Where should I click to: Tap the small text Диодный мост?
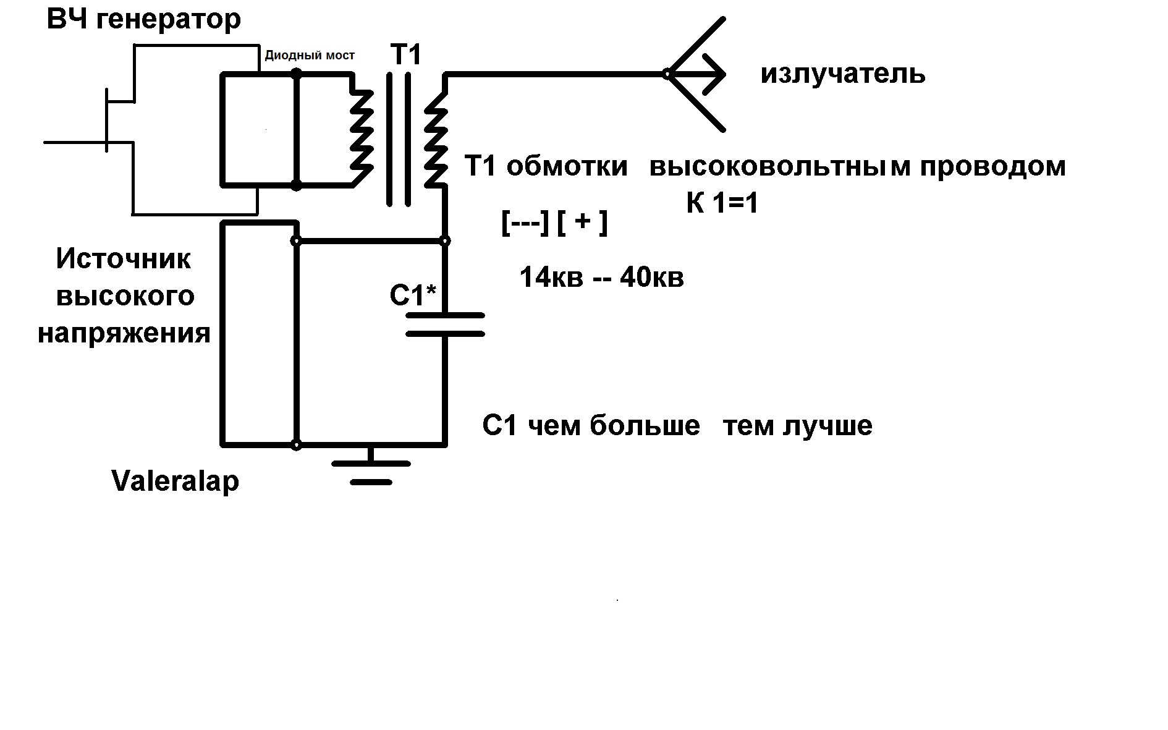(310, 56)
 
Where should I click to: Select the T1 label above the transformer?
(405, 55)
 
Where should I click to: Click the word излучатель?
(843, 75)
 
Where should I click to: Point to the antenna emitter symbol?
(695, 74)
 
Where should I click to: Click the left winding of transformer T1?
(361, 130)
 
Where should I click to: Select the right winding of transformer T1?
(436, 130)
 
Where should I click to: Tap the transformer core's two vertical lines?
(399, 139)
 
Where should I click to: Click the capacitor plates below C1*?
(445, 325)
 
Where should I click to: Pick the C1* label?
(413, 295)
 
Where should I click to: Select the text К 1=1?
(722, 203)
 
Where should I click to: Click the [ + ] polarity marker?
(582, 223)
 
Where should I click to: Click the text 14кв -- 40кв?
(602, 278)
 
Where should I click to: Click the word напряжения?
(124, 334)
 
